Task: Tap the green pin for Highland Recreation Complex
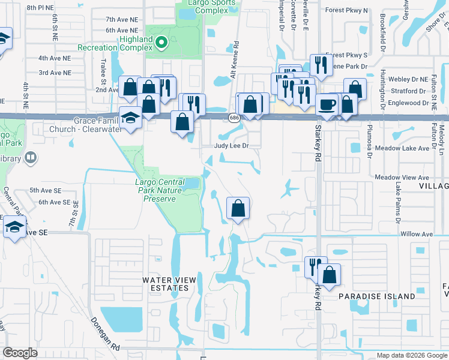click(x=160, y=42)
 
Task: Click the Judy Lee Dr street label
click(x=232, y=146)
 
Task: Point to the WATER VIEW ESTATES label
click(x=165, y=284)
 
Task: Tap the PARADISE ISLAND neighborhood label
click(x=376, y=296)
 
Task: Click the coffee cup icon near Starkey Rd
click(x=327, y=105)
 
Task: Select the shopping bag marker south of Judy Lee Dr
click(x=238, y=208)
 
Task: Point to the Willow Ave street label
click(x=416, y=234)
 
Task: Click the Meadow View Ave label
click(x=402, y=178)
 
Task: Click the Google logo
click(x=20, y=353)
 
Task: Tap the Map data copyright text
click(x=411, y=355)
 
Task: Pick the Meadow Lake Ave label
click(x=402, y=148)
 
